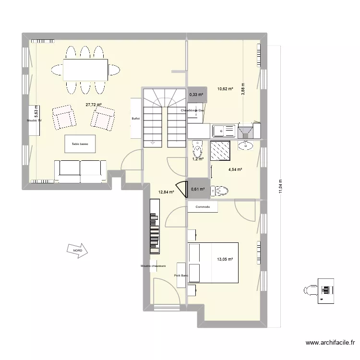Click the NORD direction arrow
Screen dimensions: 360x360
pyautogui.click(x=76, y=251)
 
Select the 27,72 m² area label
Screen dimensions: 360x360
pyautogui.click(x=94, y=105)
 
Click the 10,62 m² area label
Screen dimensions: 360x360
pyautogui.click(x=225, y=89)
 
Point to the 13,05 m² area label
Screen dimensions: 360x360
pyautogui.click(x=225, y=259)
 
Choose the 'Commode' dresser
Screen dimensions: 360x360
pyautogui.click(x=203, y=207)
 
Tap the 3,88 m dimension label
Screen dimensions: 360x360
pyautogui.click(x=243, y=89)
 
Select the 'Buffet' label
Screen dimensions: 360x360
pyautogui.click(x=136, y=118)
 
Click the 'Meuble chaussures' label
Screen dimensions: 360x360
pyautogui.click(x=153, y=266)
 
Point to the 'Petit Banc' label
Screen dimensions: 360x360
pyautogui.click(x=181, y=276)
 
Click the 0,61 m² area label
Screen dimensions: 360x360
pyautogui.click(x=198, y=189)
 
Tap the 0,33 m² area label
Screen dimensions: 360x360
pyautogui.click(x=196, y=95)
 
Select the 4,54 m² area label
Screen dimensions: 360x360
pyautogui.click(x=235, y=169)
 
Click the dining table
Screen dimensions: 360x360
pyautogui.click(x=85, y=70)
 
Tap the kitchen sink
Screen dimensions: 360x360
pyautogui.click(x=223, y=130)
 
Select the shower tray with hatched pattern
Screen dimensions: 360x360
pyautogui.click(x=220, y=151)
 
